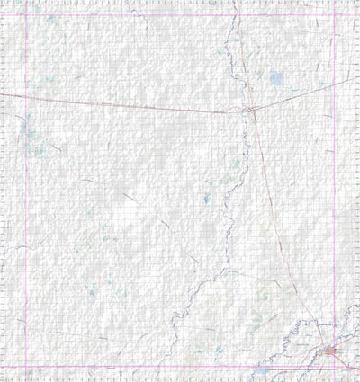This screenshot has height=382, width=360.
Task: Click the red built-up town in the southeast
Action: (331, 350)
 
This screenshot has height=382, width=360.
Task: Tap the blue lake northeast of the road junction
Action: (277, 78)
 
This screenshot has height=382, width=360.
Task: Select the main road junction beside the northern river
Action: (251, 110)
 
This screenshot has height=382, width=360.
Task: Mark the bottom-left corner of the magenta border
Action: (25, 366)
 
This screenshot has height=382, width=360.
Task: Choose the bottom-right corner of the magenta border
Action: (335, 366)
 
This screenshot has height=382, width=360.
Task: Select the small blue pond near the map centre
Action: (206, 198)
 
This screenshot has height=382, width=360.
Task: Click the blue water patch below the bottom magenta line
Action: (263, 370)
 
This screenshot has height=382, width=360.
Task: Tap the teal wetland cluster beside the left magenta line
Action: (32, 139)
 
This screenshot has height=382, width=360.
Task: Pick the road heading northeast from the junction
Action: (297, 95)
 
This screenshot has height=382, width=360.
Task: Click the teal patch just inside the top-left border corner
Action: (52, 20)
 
